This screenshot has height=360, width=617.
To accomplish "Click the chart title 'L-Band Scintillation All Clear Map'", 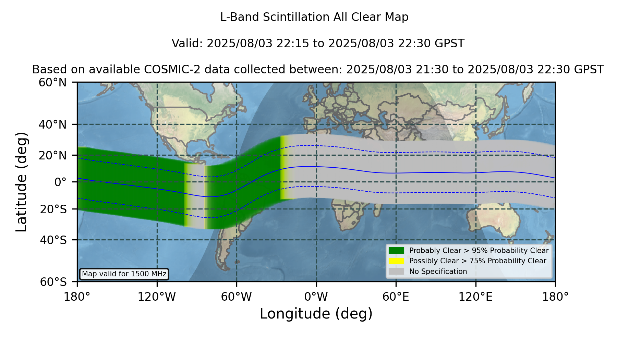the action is click(314, 17).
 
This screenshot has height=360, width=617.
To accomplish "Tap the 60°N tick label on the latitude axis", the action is click(52, 83).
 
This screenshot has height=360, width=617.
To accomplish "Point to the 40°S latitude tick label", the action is click(53, 240).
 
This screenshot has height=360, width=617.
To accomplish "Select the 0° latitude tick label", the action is click(60, 182).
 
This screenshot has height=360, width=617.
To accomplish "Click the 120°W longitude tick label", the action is click(157, 297).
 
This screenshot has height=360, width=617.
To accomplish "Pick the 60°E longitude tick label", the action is click(396, 297).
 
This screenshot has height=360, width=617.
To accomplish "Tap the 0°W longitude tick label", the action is click(316, 297).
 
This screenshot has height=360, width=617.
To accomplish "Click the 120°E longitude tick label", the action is click(475, 297).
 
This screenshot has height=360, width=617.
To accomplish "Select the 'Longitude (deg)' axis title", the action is click(316, 314).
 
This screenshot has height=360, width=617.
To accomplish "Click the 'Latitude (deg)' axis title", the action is click(21, 182).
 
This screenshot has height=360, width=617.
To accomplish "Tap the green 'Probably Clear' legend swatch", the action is click(396, 250).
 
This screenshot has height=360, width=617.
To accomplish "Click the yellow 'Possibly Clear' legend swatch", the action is click(396, 261).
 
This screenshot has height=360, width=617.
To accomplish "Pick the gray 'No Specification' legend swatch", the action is click(396, 271).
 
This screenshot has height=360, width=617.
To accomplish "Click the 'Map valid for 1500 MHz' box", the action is click(124, 274).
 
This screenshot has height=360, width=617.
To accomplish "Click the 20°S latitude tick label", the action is click(53, 209).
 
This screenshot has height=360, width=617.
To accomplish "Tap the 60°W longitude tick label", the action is click(236, 297).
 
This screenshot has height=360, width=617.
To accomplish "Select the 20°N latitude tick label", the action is click(52, 155).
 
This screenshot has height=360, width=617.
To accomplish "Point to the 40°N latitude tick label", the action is click(52, 124).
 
